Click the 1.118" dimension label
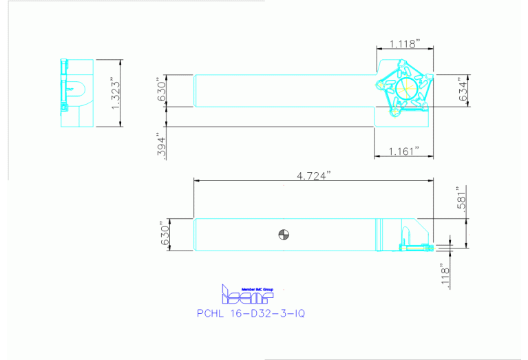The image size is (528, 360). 404,44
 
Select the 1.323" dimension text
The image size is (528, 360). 116,93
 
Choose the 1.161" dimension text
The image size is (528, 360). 404,151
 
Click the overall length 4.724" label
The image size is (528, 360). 314,176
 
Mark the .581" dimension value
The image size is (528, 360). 465,199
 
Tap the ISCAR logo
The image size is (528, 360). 246,296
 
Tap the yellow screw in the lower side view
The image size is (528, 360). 414,246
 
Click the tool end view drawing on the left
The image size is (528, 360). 76,93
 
